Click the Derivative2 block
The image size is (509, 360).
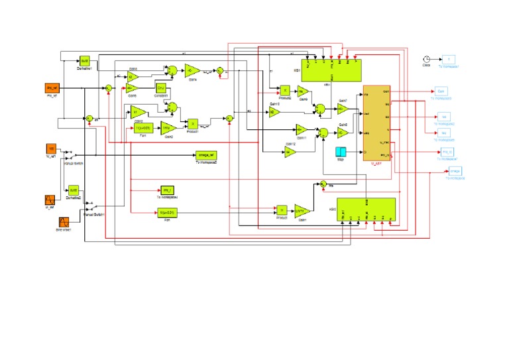[74, 190]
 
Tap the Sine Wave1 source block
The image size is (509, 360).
[64, 221]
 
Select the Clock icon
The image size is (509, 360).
[427, 59]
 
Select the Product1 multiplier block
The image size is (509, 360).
[192, 123]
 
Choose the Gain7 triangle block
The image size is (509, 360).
[343, 108]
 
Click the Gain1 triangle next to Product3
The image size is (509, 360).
[302, 211]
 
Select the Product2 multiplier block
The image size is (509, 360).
[283, 90]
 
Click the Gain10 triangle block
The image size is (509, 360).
[274, 113]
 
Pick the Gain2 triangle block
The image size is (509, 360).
[168, 127]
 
